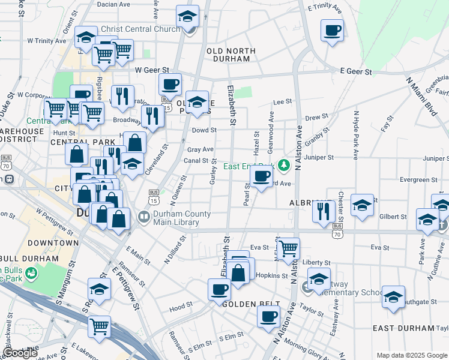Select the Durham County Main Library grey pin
tap(144, 217)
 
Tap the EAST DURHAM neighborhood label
tap(403, 328)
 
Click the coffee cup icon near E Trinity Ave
tap(332, 30)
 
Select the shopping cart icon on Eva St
tap(289, 247)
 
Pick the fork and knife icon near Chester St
tap(324, 211)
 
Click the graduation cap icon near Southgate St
tap(393, 297)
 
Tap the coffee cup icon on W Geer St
tap(170, 84)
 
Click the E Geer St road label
tap(356, 71)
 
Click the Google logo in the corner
tap(19, 353)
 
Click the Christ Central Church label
tap(140, 29)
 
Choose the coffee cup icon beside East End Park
tap(261, 177)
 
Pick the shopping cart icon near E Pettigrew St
tap(99, 326)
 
